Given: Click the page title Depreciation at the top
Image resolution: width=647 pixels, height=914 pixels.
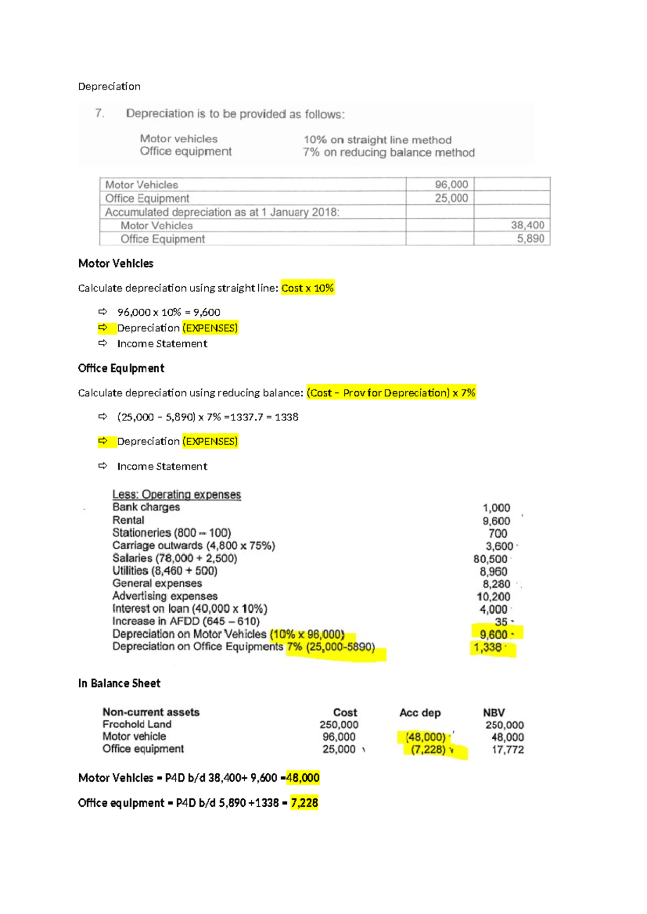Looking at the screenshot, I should pos(109,86).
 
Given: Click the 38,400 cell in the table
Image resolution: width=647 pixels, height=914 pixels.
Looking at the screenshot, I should pos(527,225).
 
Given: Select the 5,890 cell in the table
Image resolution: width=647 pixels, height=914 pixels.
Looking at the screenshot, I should pos(530,239).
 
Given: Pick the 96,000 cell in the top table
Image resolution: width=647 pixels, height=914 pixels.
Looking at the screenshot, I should pos(451,185).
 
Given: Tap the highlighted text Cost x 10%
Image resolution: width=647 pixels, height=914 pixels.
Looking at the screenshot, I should pos(307,288).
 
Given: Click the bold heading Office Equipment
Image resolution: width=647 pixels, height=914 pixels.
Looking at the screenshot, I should pos(121,369).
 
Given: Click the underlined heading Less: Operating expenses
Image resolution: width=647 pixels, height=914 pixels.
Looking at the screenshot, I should pos(176,495).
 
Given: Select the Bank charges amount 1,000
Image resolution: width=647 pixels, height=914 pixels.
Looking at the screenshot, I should pos(496,508).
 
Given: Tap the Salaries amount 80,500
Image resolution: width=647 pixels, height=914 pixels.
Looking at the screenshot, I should pos(490,559).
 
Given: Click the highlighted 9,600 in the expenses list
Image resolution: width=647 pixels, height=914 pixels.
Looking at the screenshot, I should pos(493,635).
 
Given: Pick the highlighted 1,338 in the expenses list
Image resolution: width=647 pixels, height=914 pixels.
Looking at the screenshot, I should pos(487,648).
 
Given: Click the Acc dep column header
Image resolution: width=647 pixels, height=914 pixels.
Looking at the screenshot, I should pos(420,713).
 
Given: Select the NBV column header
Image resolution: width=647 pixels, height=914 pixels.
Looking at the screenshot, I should pos(494,713).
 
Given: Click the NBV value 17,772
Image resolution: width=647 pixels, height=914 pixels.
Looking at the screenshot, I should pos(507,750).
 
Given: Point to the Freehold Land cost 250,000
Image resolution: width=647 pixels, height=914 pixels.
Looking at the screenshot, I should pos(339,725).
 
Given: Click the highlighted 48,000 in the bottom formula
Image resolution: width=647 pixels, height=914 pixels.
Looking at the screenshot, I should pos(303,778).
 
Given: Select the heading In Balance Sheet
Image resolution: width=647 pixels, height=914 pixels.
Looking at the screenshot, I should pos(119,684).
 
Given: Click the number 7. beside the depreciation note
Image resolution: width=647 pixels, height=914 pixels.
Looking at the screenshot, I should pos(99,113).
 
